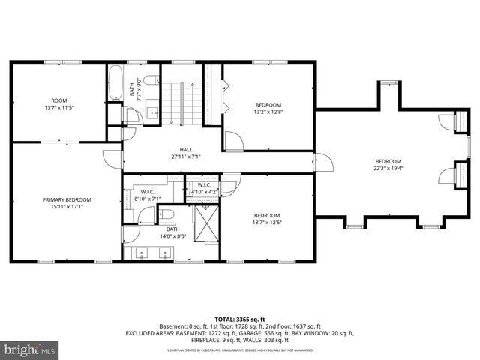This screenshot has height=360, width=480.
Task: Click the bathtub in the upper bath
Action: (115, 83)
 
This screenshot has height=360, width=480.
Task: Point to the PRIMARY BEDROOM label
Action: (66, 199)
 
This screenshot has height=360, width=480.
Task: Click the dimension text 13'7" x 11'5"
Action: (58, 107)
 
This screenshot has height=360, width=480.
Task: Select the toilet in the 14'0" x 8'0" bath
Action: (167, 215)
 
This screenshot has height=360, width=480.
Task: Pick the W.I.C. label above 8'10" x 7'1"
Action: (147, 192)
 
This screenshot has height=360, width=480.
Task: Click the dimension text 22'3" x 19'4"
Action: (388, 169)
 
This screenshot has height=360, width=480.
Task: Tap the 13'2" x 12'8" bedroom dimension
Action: (268, 112)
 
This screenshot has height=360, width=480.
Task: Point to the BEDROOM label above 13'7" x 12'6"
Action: (268, 215)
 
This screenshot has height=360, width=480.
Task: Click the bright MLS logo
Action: (30, 349)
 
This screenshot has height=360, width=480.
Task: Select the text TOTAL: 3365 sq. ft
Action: (240, 319)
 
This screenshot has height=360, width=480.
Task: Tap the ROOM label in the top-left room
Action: (58, 100)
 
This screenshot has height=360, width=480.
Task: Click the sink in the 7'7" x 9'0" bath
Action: (153, 113)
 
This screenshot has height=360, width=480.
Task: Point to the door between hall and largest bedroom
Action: (323, 161)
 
